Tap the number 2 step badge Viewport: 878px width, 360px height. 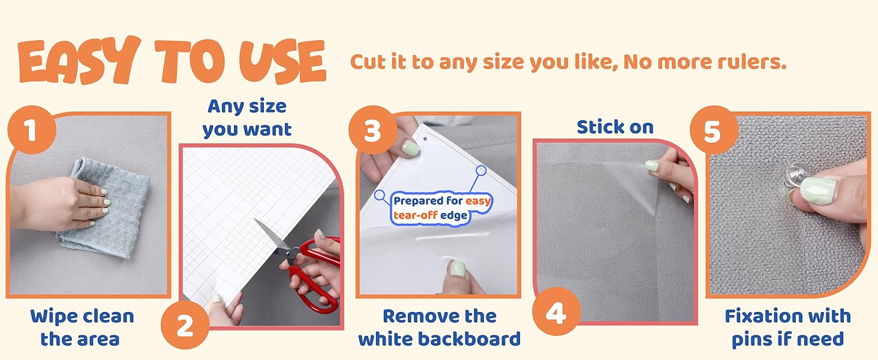click(185, 326)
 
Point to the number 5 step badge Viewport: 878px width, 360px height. click(712, 131)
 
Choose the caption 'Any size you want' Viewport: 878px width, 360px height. click(247, 118)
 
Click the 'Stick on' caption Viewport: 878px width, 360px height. click(615, 127)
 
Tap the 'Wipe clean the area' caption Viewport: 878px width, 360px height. click(82, 327)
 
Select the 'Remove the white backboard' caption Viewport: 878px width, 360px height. click(439, 327)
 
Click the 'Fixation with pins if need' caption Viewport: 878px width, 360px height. click(787, 327)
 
